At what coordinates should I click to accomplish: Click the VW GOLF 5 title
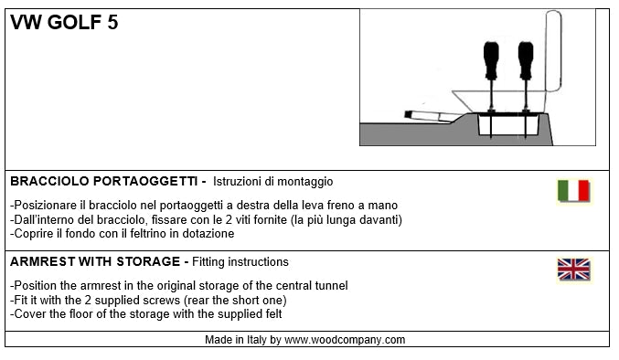(64, 22)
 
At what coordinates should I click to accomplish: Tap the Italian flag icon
(574, 191)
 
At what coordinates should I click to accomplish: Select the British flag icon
(574, 270)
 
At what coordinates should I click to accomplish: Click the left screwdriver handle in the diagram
(491, 60)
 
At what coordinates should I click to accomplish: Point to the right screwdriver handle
(526, 60)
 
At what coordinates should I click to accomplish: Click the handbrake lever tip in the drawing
(408, 114)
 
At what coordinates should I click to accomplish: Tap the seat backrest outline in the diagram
(553, 51)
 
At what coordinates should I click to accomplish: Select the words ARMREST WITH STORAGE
(95, 261)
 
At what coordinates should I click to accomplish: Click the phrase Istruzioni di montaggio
(272, 182)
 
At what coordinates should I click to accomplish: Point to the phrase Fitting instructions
(240, 262)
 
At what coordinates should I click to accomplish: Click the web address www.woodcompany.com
(345, 340)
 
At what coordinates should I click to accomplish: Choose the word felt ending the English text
(271, 314)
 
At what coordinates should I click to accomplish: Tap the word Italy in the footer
(257, 340)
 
